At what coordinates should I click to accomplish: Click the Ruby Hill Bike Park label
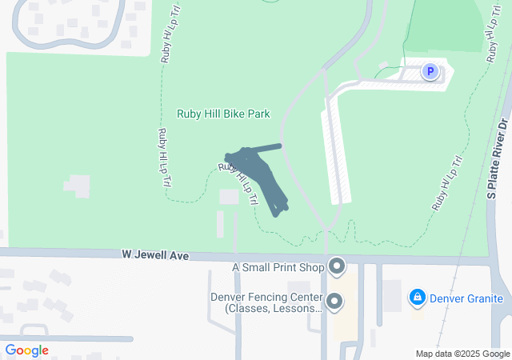point(223,114)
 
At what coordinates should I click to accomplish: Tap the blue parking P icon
point(430,73)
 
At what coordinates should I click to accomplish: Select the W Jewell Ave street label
point(155,255)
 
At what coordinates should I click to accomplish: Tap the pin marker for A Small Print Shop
point(337,265)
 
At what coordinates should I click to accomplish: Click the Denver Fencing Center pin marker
point(334,301)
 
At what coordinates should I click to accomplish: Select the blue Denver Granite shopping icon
point(417,298)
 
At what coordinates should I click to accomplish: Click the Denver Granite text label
point(466,299)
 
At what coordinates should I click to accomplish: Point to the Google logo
point(26,350)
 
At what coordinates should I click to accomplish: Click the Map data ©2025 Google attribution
point(462,354)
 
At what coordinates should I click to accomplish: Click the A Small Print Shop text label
point(278,267)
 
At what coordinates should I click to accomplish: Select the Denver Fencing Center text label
point(266,302)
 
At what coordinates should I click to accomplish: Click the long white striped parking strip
point(335,156)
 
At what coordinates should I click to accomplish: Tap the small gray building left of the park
point(78,186)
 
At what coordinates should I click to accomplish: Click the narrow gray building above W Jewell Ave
point(221,224)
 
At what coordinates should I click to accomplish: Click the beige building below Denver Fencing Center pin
point(346,328)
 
